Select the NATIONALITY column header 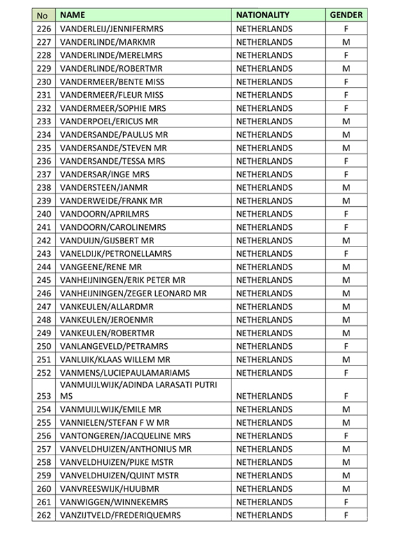[x=263, y=15]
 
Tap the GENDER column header [x=346, y=15]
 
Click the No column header [x=43, y=15]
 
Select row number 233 [x=44, y=121]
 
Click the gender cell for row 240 [x=346, y=214]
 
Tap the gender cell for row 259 [x=346, y=475]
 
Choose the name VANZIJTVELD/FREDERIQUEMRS [x=120, y=515]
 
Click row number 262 [x=44, y=515]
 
